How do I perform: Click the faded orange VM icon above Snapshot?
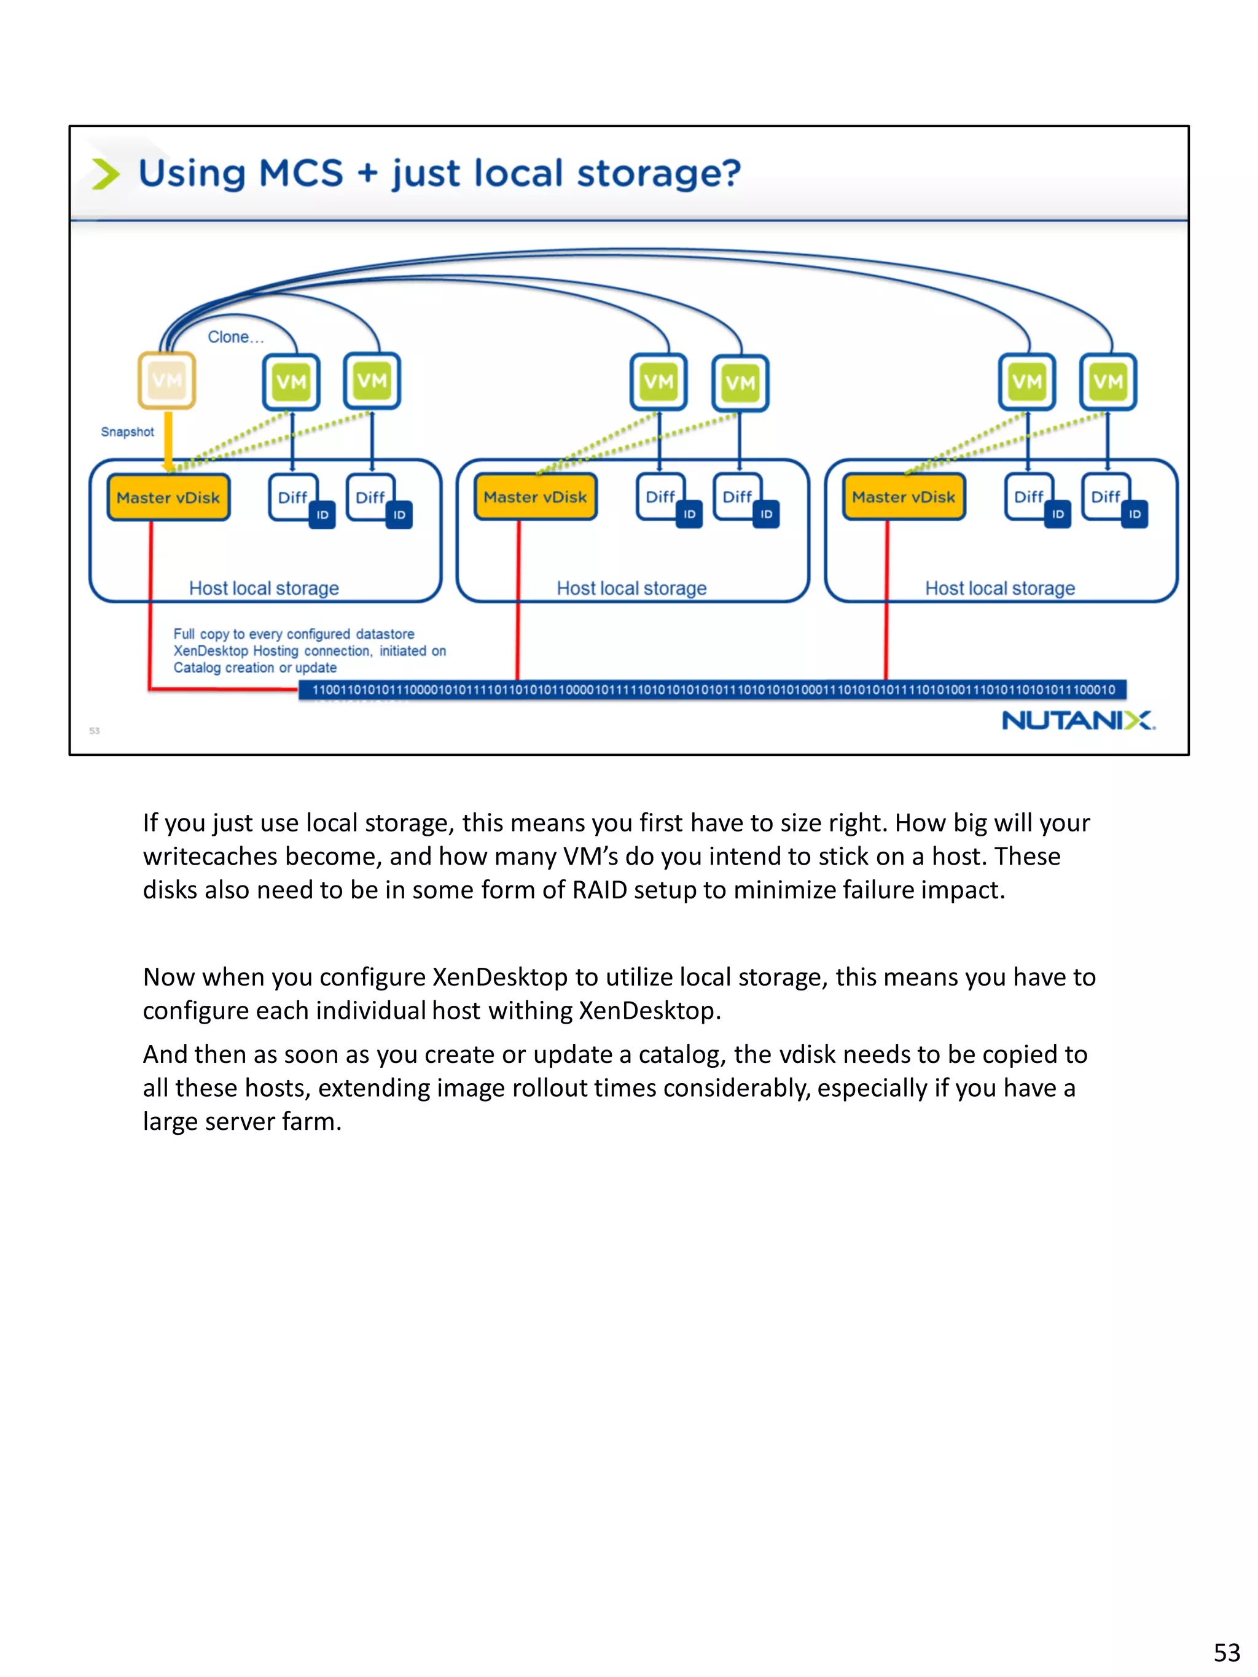pyautogui.click(x=167, y=380)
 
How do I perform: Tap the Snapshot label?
pyautogui.click(x=127, y=432)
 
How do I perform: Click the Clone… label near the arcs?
pyautogui.click(x=236, y=337)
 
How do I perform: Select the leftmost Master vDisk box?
pyautogui.click(x=168, y=497)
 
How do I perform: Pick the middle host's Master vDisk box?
pyautogui.click(x=536, y=497)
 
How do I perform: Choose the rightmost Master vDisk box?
pyautogui.click(x=903, y=497)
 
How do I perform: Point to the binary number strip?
pyautogui.click(x=713, y=689)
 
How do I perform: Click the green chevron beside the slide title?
pyautogui.click(x=106, y=174)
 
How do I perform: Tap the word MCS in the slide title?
pyautogui.click(x=301, y=174)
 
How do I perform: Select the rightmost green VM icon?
pyautogui.click(x=1108, y=381)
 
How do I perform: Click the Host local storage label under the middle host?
pyautogui.click(x=631, y=588)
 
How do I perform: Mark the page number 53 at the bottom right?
pyautogui.click(x=1226, y=1652)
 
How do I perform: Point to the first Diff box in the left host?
pyautogui.click(x=292, y=497)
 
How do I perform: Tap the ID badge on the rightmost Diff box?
pyautogui.click(x=1135, y=514)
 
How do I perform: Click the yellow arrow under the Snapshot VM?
pyautogui.click(x=168, y=440)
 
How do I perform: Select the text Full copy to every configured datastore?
pyautogui.click(x=294, y=634)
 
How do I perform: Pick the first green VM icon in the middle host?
pyautogui.click(x=658, y=381)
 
